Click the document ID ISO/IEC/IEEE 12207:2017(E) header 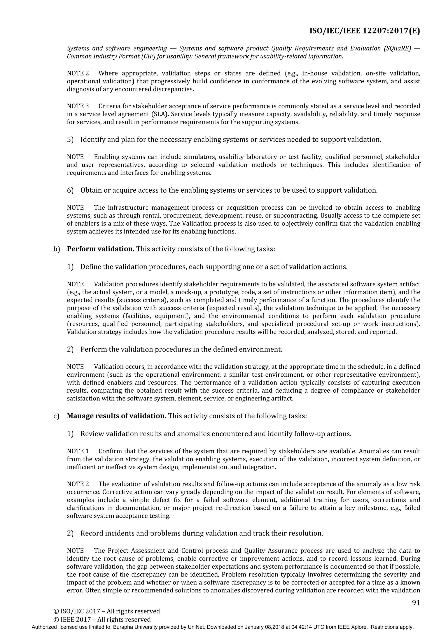pyautogui.click(x=364, y=31)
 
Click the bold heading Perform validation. pyautogui.click(x=100, y=249)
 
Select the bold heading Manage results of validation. pyautogui.click(x=117, y=416)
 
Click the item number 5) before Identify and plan pyautogui.click(x=70, y=140)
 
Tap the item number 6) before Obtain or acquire pyautogui.click(x=70, y=190)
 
